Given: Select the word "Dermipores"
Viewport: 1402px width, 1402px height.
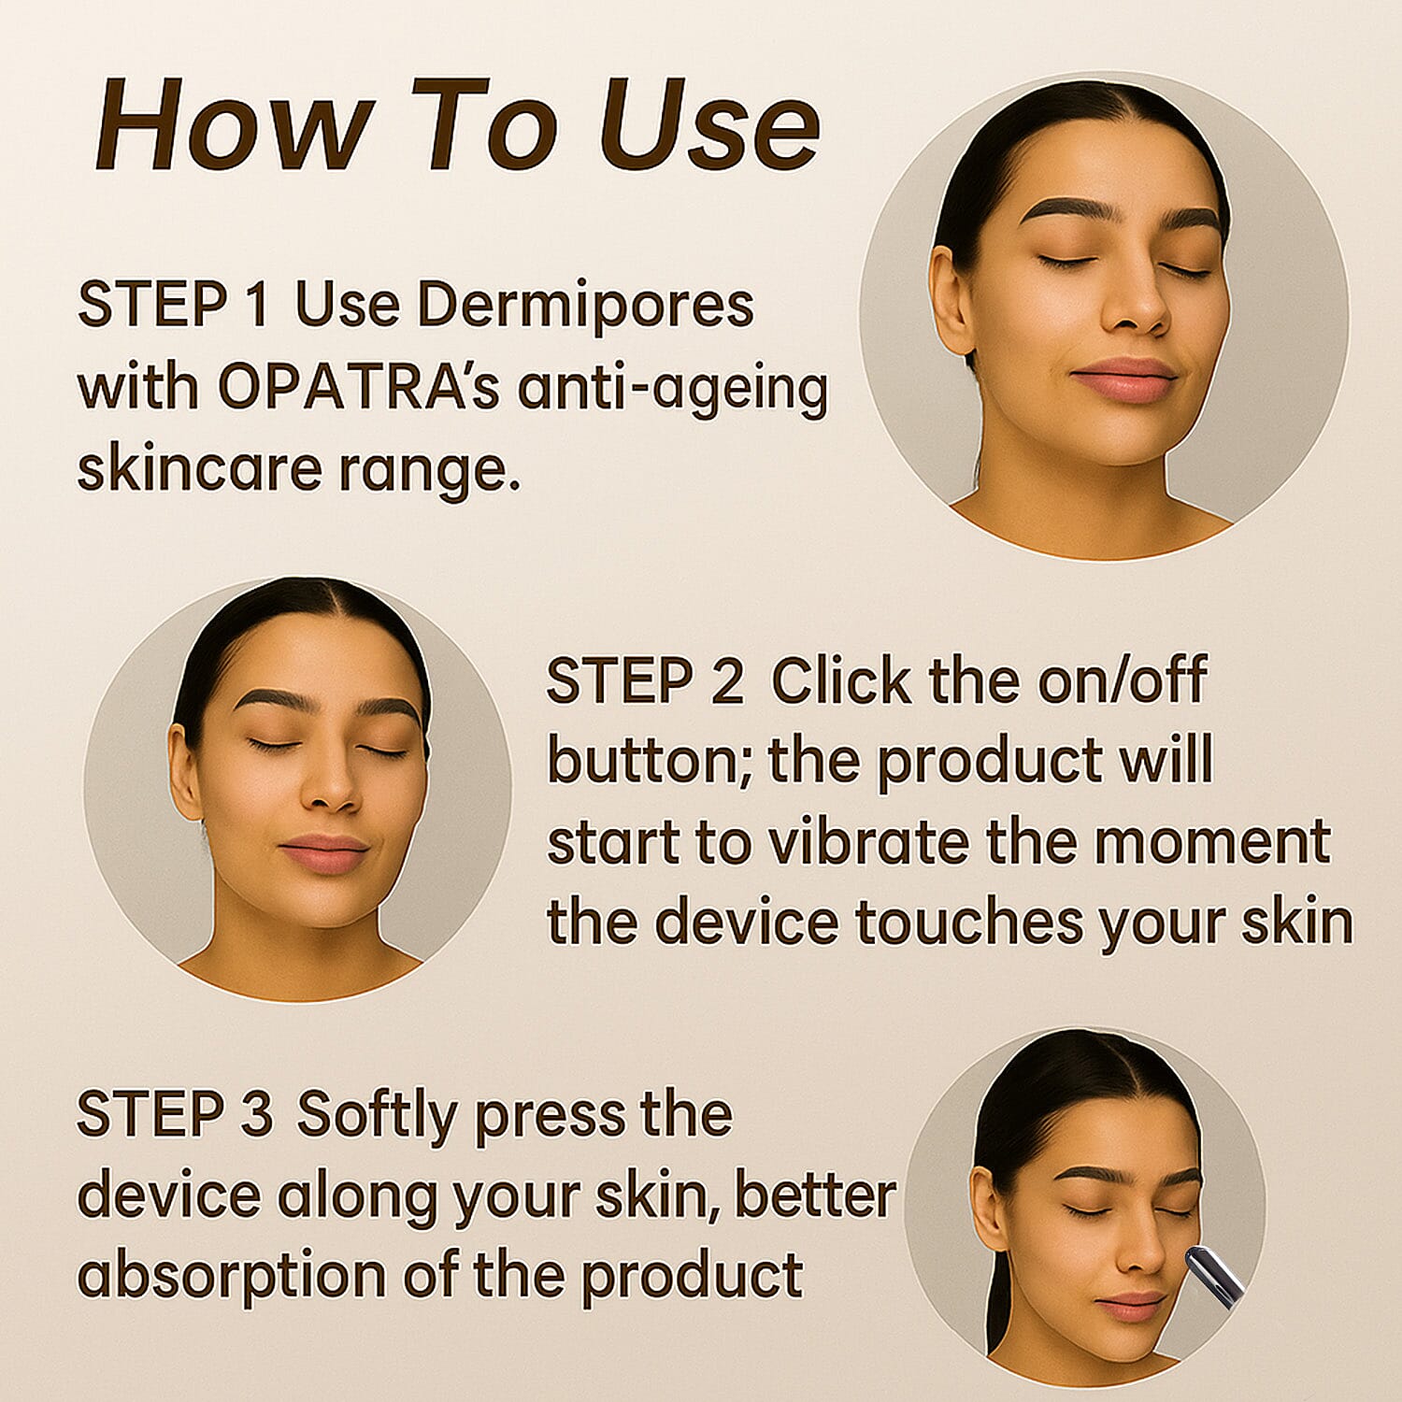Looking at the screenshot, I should [x=585, y=306].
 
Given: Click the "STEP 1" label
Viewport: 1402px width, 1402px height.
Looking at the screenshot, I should [x=174, y=305].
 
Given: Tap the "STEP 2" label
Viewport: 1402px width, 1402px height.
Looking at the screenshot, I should [x=645, y=680].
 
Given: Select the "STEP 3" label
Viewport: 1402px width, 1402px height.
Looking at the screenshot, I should [x=174, y=1114].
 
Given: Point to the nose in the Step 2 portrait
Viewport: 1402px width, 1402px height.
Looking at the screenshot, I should [x=332, y=790].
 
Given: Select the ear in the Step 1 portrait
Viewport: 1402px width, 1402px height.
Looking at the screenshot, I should [x=951, y=299].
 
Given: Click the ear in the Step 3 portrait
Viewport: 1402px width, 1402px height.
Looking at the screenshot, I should [x=988, y=1206].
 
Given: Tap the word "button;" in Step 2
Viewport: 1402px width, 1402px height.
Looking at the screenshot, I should [x=651, y=761].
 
